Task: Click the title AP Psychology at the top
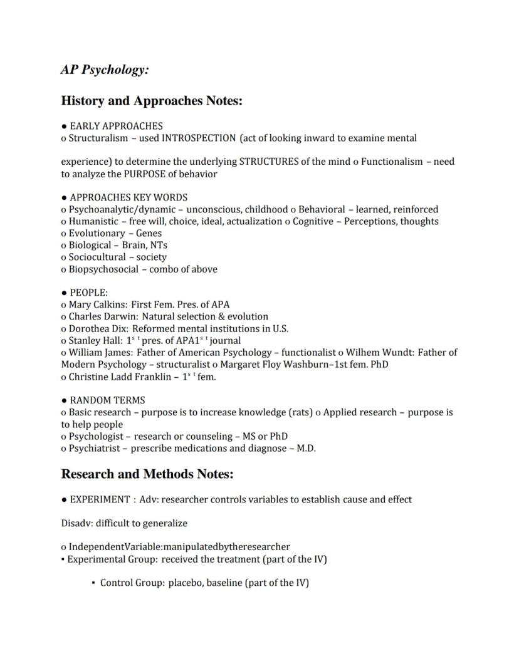pos(105,70)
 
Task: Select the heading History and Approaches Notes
pos(151,101)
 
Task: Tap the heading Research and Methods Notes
pos(147,474)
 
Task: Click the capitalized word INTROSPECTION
pos(199,138)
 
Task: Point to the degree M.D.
pos(306,449)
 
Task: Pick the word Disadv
pos(75,523)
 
